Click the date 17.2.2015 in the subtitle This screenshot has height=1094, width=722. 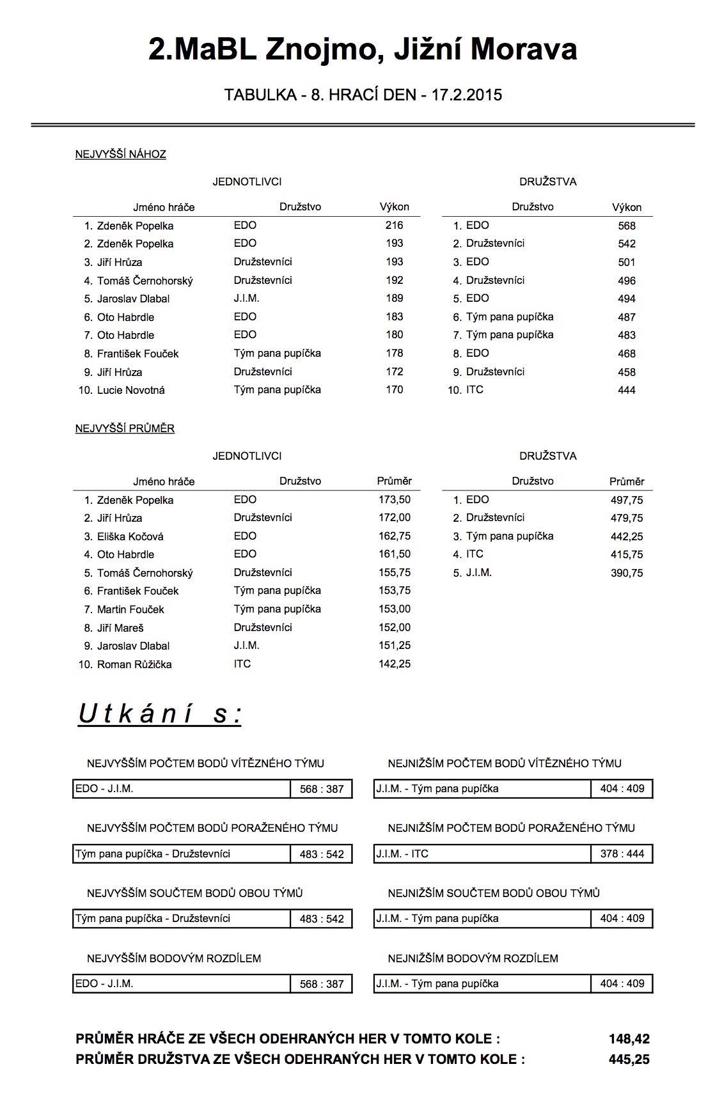(467, 95)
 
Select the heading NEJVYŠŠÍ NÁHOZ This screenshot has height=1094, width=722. (120, 154)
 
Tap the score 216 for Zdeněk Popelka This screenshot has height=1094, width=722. (394, 225)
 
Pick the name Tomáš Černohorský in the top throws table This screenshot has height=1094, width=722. (145, 281)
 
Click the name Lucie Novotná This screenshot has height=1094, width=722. (130, 390)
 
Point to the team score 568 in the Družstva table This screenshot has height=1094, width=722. (626, 226)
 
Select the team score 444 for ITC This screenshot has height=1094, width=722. (626, 390)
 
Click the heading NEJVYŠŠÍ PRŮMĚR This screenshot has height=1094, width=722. (125, 428)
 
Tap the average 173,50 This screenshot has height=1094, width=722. (394, 499)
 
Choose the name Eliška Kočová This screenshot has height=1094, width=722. (130, 536)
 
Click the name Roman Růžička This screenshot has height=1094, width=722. (134, 664)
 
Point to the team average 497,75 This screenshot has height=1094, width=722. (626, 500)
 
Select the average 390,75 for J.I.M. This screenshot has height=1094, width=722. (626, 573)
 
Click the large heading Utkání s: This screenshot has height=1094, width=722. (160, 714)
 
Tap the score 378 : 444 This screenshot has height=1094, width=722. (622, 854)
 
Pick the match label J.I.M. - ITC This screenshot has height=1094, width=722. (402, 854)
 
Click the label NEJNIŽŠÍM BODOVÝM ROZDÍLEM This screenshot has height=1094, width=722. (473, 958)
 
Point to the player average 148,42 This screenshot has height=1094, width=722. (629, 1039)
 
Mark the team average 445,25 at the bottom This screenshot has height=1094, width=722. (629, 1059)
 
